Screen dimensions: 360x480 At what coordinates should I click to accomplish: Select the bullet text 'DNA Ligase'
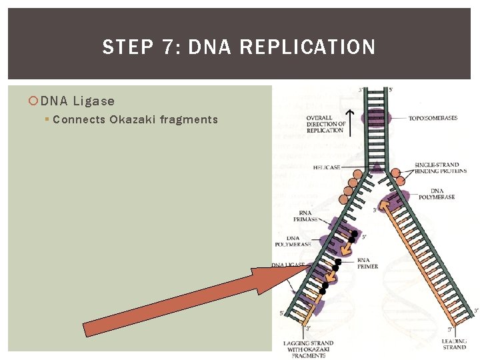coord(77,101)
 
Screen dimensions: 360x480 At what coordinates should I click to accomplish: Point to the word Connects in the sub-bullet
coord(79,120)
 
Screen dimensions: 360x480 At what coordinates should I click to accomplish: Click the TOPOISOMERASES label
coord(433,118)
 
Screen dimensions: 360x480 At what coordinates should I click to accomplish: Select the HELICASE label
coord(327,167)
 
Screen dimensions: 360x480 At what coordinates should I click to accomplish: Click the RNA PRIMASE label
coord(305,215)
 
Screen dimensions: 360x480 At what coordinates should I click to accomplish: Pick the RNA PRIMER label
coord(367,263)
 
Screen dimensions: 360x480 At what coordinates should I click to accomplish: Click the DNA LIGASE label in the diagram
coord(288,265)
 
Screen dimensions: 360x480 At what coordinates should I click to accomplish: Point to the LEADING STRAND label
coord(454,344)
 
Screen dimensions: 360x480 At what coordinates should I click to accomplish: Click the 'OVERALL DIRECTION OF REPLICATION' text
coord(326,124)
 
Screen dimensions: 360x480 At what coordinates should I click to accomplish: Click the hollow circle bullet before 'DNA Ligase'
coord(34,101)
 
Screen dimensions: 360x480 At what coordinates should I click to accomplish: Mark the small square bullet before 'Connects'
coord(47,120)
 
